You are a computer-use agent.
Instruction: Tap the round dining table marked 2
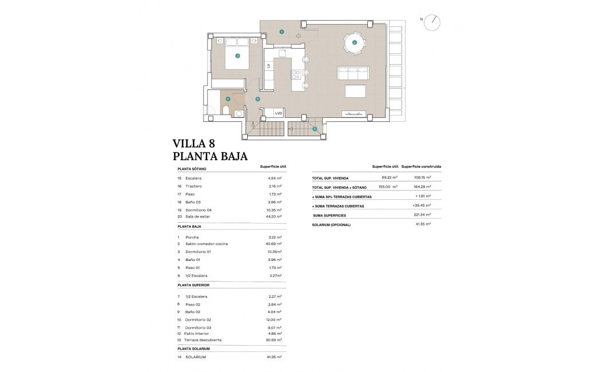354,42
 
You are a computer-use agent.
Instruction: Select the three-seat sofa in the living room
353,73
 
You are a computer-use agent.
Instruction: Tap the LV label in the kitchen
268,66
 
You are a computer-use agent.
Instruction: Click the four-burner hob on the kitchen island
296,73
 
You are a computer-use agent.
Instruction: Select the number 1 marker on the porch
281,32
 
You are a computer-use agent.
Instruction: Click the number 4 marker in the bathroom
228,99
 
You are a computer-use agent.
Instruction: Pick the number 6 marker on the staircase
314,129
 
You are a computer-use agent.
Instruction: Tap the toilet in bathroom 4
226,111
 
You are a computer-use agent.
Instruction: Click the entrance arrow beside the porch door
298,35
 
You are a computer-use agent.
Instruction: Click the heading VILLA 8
194,143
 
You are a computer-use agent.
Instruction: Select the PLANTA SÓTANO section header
192,169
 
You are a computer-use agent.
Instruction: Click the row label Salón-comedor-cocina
206,244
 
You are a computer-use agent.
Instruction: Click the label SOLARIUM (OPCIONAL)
331,224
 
